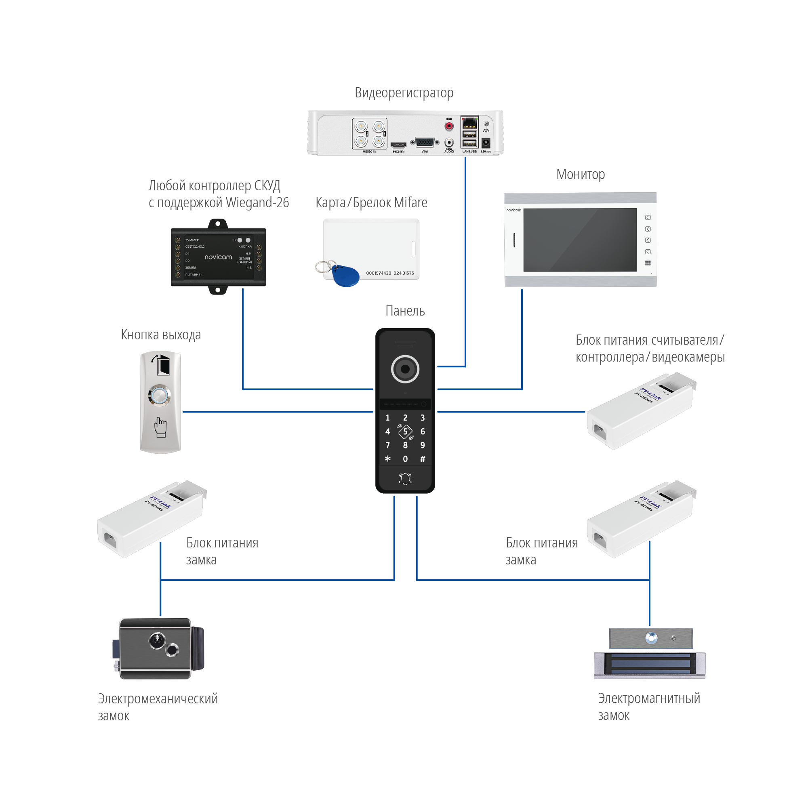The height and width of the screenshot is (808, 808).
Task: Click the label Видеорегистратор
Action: (x=404, y=93)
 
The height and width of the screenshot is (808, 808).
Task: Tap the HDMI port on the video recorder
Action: (x=398, y=145)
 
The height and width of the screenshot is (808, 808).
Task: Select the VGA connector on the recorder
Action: (x=425, y=143)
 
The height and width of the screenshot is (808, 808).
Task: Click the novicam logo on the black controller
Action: (x=218, y=257)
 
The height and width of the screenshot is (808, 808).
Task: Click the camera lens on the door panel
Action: (x=405, y=369)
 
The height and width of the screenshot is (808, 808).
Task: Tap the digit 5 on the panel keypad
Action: (x=405, y=431)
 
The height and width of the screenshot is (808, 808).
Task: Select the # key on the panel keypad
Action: (x=423, y=459)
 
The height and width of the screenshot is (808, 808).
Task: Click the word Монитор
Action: (x=580, y=175)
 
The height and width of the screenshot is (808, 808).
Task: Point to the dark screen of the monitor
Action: (x=580, y=240)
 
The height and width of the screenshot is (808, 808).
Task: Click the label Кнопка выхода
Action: (x=161, y=335)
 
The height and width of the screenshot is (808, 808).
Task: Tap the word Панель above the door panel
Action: (x=404, y=311)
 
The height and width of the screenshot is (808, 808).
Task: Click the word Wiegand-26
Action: (x=257, y=203)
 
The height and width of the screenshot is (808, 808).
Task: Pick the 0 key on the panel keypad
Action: (x=405, y=459)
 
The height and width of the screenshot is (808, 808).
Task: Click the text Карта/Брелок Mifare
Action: (x=371, y=203)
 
